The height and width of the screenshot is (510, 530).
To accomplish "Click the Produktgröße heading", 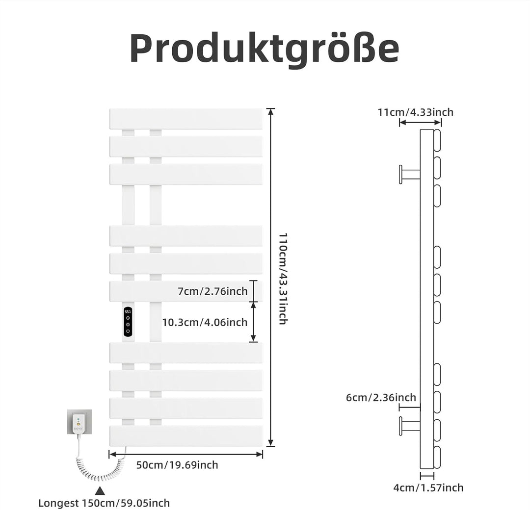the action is click(x=265, y=48).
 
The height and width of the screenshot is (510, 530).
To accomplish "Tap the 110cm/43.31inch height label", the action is click(x=283, y=279).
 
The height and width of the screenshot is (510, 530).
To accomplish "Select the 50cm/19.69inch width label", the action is click(x=177, y=465).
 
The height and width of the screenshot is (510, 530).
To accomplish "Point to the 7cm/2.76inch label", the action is click(x=212, y=291).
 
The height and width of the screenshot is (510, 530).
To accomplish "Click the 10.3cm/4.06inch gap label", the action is click(x=205, y=322).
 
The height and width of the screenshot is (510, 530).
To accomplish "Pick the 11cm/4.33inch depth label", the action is click(x=416, y=112).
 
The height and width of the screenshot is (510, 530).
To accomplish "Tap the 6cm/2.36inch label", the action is click(x=381, y=397).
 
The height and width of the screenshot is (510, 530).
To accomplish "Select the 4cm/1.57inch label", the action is click(x=428, y=488).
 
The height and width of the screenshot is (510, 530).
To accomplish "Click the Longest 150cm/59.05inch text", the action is click(x=104, y=503).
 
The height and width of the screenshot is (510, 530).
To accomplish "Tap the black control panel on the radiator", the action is click(x=128, y=322).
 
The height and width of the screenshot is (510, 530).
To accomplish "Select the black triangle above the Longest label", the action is click(x=100, y=491).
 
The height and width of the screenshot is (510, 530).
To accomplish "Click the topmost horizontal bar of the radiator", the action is click(x=186, y=119).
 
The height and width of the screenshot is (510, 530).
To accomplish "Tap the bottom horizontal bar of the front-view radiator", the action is click(x=186, y=435).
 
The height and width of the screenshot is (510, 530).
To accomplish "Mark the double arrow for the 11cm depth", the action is click(x=421, y=122).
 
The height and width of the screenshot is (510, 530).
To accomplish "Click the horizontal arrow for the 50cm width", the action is click(x=186, y=454).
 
